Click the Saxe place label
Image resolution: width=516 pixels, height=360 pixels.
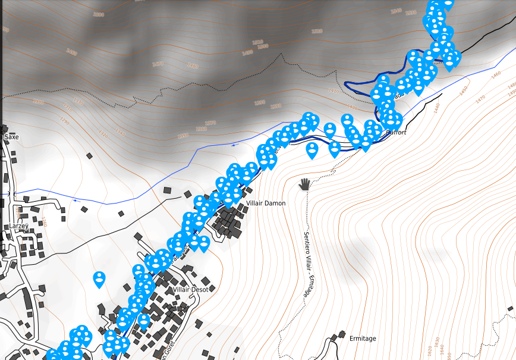[11, 137]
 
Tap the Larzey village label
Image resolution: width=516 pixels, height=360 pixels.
[18, 226]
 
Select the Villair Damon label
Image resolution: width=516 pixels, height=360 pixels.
[266, 204]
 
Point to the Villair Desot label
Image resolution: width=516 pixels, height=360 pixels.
[190, 290]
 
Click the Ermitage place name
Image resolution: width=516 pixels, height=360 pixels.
[363, 339]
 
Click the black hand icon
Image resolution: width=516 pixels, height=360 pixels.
[305, 183]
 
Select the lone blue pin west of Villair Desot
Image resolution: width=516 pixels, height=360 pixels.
[99, 279]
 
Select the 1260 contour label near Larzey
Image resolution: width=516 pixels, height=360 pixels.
[43, 222]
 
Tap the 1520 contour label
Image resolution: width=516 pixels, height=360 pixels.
[317, 31]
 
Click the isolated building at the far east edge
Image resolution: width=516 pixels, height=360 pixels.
[509, 308]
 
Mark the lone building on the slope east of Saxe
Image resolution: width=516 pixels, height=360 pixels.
[89, 156]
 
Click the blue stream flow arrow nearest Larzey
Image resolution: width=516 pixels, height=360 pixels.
[75, 201]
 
